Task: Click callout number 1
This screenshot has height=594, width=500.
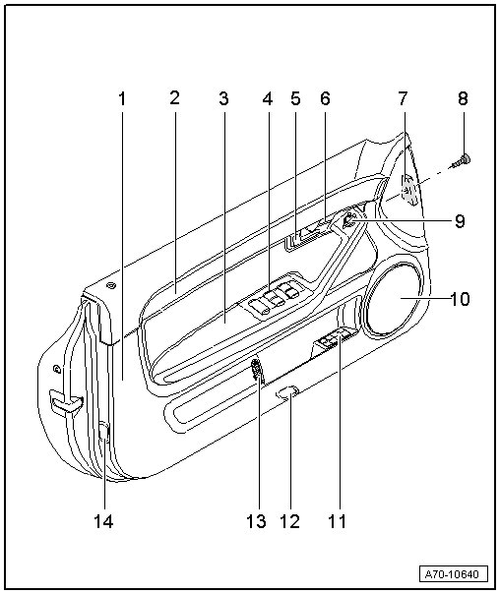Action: (x=122, y=99)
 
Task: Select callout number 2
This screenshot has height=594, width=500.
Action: (x=174, y=97)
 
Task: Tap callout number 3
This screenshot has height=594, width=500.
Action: (x=223, y=99)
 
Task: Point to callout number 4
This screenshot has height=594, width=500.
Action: (x=268, y=99)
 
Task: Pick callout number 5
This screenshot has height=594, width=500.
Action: (x=295, y=98)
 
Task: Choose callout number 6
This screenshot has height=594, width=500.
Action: (x=325, y=98)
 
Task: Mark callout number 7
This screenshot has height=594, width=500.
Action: (x=403, y=98)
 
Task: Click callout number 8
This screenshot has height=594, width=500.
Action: (x=463, y=98)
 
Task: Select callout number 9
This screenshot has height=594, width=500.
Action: (x=460, y=221)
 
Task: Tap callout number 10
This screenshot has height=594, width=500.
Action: (x=460, y=299)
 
